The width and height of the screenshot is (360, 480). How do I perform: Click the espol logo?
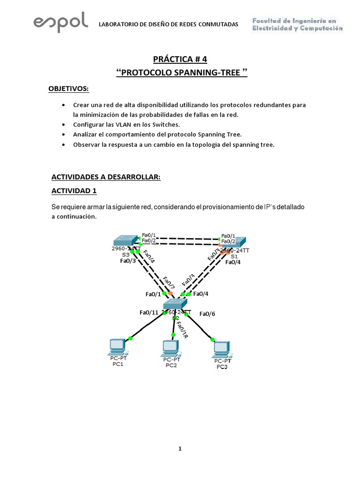pyautogui.click(x=61, y=22)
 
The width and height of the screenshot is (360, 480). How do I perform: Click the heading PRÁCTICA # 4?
pyautogui.click(x=180, y=59)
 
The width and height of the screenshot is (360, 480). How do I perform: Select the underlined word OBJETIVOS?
pyautogui.click(x=68, y=89)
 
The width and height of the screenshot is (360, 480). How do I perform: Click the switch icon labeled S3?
pyautogui.click(x=126, y=240)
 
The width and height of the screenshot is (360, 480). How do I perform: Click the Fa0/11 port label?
pyautogui.click(x=150, y=313)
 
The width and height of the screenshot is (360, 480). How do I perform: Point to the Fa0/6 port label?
pyautogui.click(x=207, y=314)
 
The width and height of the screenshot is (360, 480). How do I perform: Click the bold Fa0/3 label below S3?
pyautogui.click(x=128, y=261)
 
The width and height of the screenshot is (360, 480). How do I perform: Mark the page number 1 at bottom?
pyautogui.click(x=180, y=449)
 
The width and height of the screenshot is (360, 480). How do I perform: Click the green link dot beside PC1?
pyautogui.click(x=130, y=338)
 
